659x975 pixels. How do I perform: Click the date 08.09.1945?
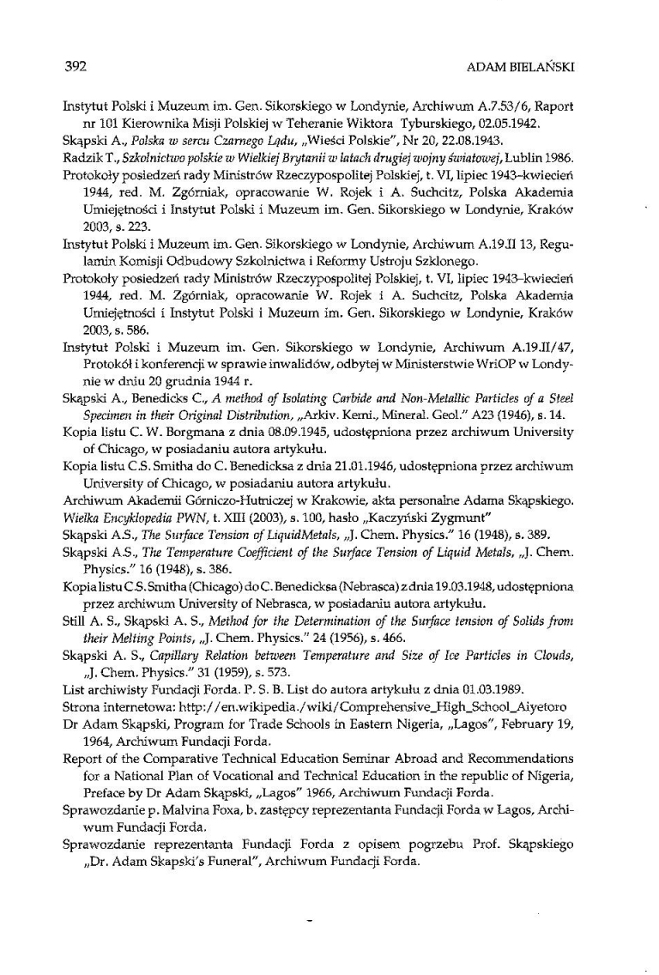coord(296,433)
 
